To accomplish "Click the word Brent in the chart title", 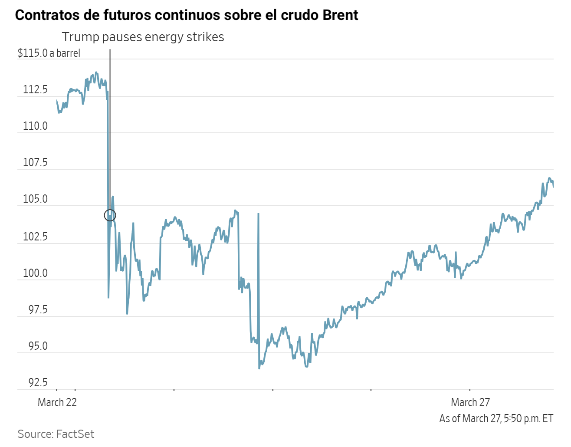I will [x=340, y=15].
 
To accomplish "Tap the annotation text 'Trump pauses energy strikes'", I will [x=143, y=37].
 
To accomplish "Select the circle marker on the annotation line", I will [x=110, y=215].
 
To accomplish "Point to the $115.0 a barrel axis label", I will [x=49, y=53].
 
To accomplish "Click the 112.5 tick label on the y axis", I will [x=35, y=90].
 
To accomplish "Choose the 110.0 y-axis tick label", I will [x=35, y=126].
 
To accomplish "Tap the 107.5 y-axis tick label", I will [x=35, y=163].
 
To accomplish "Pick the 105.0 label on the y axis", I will [x=35, y=199].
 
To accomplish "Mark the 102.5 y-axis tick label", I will [x=35, y=237].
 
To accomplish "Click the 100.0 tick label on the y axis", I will [x=35, y=273].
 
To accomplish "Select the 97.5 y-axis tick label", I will [x=38, y=310].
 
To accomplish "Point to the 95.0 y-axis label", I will [x=38, y=346].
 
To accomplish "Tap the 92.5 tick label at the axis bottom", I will [x=38, y=382].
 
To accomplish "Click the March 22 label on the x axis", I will [x=57, y=402].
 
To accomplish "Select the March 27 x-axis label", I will [x=470, y=402].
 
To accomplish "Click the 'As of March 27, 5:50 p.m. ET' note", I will [x=496, y=418].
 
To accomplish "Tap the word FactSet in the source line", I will [x=75, y=434].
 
